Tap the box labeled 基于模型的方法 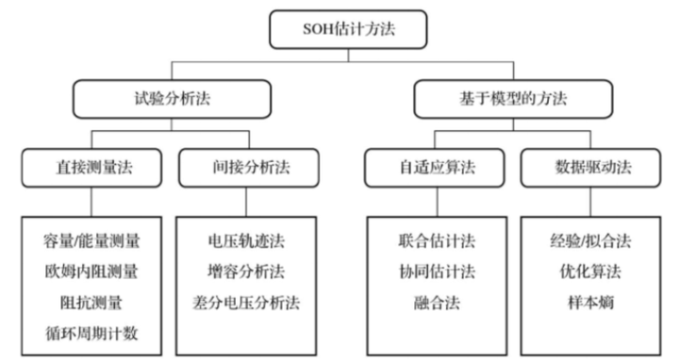coord(513,97)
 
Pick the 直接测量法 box coord(91,170)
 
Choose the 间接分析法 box coord(247,170)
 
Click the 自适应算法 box coord(433,170)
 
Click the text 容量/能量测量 coord(91,241)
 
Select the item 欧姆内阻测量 coord(91,272)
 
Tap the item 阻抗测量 coord(91,303)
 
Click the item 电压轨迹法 coord(247,241)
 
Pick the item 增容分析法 coord(247,272)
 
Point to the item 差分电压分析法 coord(247,303)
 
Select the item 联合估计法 coord(433,241)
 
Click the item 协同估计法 coord(433,272)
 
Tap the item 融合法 coord(433,303)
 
